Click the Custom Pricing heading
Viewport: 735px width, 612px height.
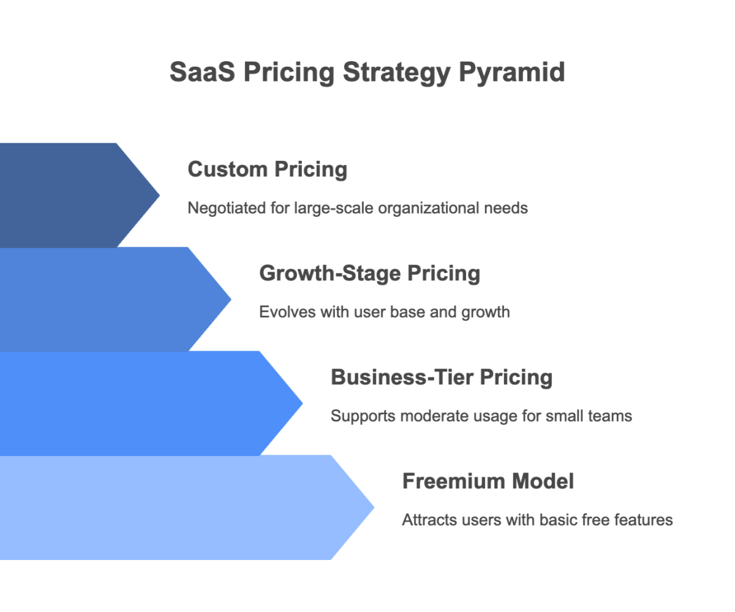(x=267, y=170)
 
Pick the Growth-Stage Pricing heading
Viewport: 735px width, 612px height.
(x=369, y=274)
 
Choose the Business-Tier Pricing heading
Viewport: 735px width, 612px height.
(x=441, y=378)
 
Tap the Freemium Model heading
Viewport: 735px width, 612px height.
(x=488, y=482)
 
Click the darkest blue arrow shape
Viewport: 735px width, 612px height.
(x=67, y=195)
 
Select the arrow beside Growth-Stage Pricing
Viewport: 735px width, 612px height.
(x=104, y=299)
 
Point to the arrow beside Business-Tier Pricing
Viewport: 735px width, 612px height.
(x=141, y=403)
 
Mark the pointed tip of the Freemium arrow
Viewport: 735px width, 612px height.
(x=372, y=507)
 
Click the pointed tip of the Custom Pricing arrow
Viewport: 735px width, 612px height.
(x=158, y=195)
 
